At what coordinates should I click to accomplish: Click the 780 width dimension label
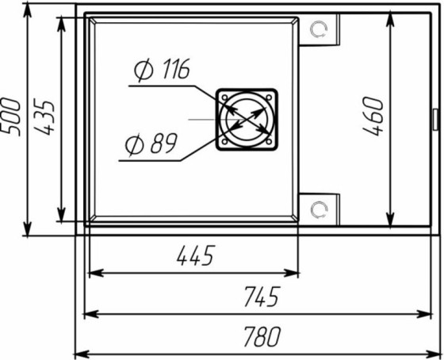click(262, 337)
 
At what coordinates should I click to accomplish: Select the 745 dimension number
click(262, 297)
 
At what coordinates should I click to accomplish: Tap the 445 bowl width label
click(195, 256)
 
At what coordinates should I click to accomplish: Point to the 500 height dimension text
click(11, 117)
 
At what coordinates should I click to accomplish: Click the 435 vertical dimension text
click(44, 117)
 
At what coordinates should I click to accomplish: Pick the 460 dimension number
click(373, 116)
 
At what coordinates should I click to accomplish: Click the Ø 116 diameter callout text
click(162, 70)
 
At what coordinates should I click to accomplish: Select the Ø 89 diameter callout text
click(151, 144)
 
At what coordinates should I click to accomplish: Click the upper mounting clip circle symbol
click(319, 29)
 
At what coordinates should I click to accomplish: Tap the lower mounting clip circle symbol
click(319, 210)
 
